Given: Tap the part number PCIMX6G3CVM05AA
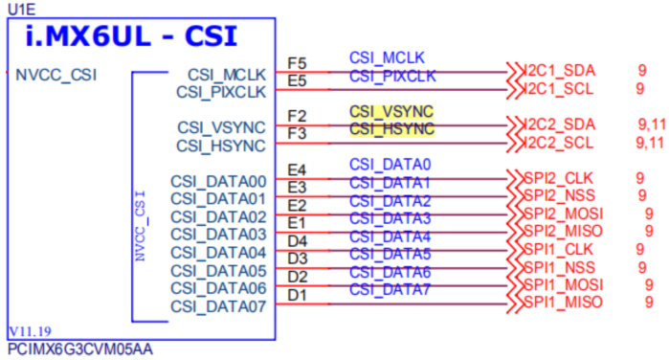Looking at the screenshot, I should point(79,350).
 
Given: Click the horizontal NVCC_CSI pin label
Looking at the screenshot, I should point(56,75).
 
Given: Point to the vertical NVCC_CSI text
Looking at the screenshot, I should point(140,226).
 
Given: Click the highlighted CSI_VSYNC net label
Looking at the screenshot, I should point(391,111).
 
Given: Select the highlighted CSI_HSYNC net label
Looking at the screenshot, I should point(391,128).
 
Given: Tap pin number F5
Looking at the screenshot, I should point(297,64).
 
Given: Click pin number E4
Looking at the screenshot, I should point(297,170).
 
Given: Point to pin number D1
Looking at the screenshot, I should point(297,294).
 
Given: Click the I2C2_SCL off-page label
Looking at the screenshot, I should point(559,144).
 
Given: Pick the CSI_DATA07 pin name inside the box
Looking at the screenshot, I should point(217,306).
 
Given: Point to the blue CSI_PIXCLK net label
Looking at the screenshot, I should point(392,76).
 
